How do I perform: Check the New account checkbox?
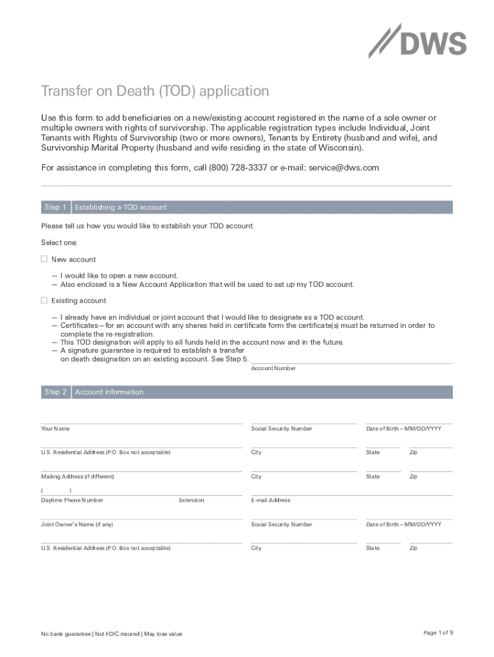click(44, 259)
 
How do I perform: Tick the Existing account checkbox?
click(44, 300)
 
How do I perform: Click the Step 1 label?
click(55, 207)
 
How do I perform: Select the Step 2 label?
click(55, 392)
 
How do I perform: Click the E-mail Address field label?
click(271, 500)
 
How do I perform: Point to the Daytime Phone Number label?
click(72, 500)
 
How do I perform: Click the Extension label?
click(191, 500)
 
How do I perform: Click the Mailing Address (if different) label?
click(78, 477)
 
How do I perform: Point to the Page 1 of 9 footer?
click(438, 633)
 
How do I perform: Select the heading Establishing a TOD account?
click(121, 207)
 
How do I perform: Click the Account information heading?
click(109, 392)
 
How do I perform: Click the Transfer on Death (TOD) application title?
click(155, 91)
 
